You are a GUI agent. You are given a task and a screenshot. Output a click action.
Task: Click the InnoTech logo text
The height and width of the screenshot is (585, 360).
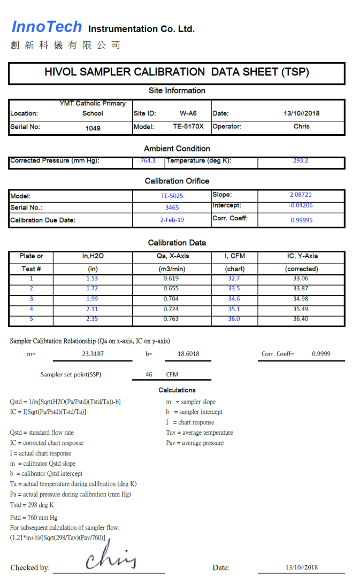click(47, 27)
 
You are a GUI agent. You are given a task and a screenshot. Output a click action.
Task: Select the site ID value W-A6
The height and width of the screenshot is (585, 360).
click(188, 113)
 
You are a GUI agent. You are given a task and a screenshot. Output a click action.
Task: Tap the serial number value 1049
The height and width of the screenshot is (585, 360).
click(93, 128)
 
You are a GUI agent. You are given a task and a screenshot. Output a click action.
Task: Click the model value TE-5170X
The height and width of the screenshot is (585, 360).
click(188, 127)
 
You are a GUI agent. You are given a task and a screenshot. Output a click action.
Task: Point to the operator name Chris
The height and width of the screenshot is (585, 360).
click(302, 127)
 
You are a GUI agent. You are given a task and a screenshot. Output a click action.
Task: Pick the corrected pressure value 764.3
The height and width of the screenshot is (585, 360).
click(148, 160)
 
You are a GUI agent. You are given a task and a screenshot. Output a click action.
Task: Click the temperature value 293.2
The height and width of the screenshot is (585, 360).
click(301, 160)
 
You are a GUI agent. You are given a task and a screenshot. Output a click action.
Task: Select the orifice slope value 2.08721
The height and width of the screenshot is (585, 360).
click(301, 195)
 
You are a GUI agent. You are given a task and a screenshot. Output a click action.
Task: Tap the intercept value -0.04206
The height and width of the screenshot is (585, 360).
click(301, 205)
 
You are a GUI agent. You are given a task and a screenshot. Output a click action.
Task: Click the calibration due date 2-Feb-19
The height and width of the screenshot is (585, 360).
click(172, 220)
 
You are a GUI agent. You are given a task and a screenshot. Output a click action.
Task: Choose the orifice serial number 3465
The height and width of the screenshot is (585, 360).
click(172, 207)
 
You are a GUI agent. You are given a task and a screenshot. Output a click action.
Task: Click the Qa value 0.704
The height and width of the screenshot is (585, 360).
click(171, 299)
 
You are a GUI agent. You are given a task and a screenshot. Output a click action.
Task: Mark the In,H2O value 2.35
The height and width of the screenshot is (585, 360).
click(93, 319)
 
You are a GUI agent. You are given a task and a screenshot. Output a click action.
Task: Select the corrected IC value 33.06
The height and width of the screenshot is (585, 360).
click(301, 279)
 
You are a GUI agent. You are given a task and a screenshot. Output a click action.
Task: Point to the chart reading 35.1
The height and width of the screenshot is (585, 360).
click(234, 309)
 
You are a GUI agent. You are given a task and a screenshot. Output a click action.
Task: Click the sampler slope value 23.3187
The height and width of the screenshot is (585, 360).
click(93, 354)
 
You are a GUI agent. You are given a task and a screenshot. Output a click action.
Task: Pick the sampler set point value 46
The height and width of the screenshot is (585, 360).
click(149, 375)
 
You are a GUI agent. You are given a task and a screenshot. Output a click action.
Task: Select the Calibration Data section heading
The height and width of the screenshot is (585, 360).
click(177, 243)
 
